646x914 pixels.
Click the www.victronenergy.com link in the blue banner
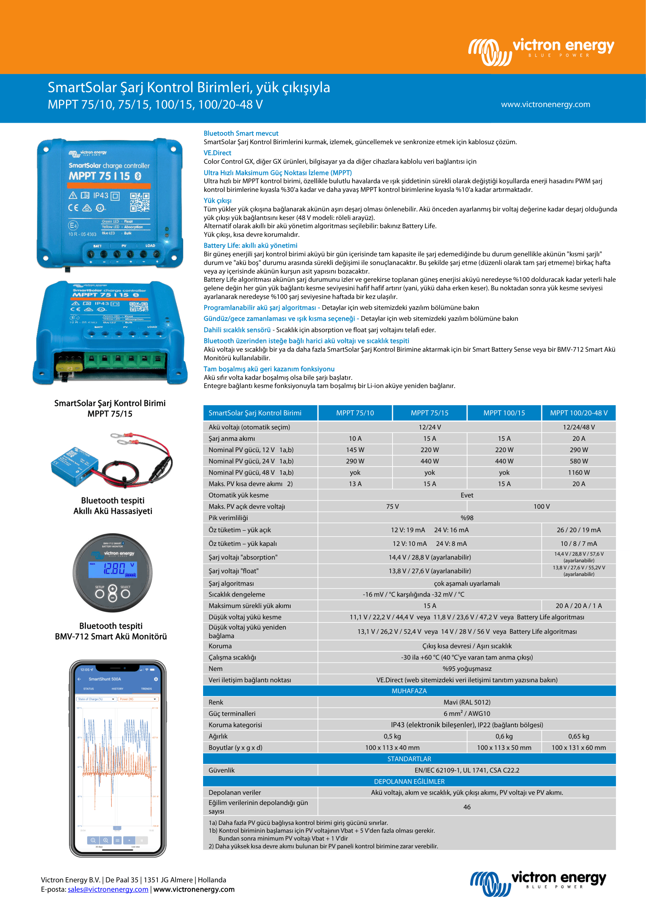click(x=545, y=104)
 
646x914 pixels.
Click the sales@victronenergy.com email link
click(x=108, y=889)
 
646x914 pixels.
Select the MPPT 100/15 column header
click(x=504, y=413)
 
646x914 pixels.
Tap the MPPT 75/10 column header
click(x=355, y=413)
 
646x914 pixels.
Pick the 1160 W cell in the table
click(x=578, y=472)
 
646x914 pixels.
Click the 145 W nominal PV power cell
click(x=355, y=450)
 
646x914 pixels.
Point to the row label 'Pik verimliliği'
click(x=228, y=518)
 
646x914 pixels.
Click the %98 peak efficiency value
click(x=467, y=518)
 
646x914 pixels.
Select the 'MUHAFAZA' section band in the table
click(x=409, y=691)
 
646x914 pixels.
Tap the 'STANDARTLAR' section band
click(x=409, y=759)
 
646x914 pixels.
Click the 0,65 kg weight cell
click(x=578, y=737)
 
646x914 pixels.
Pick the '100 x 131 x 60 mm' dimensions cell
click(x=578, y=748)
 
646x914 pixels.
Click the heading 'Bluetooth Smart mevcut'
click(x=241, y=133)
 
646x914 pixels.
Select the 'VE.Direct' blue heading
click(x=217, y=153)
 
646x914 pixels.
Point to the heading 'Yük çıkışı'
click(x=217, y=200)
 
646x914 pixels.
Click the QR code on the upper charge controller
click(x=139, y=202)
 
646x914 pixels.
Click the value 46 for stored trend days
click(x=467, y=807)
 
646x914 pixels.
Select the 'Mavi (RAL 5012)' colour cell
click(x=467, y=702)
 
